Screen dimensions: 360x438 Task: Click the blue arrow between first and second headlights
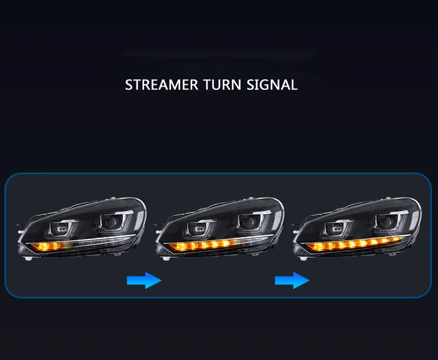click(144, 281)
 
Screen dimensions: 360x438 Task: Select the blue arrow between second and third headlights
click(292, 281)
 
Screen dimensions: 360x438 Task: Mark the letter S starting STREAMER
click(129, 85)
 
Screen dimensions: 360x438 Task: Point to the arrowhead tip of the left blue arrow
click(161, 281)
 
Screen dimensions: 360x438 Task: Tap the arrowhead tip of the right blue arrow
click(309, 281)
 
